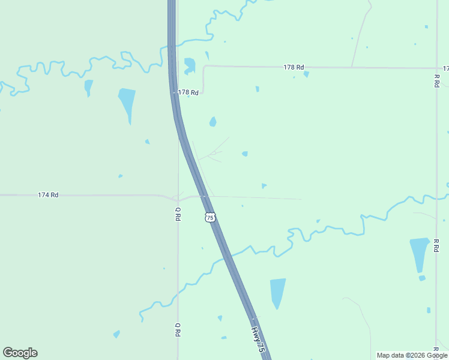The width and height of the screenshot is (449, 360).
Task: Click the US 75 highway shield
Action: tap(209, 217)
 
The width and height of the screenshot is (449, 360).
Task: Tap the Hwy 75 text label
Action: tap(258, 339)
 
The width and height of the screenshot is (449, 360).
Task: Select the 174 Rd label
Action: tap(48, 195)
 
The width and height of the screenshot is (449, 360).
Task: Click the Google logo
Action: tap(20, 353)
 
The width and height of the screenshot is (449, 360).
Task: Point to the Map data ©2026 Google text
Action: tap(412, 355)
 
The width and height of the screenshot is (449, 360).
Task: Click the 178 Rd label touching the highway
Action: tap(188, 92)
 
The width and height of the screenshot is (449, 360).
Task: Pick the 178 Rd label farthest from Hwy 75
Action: tap(294, 67)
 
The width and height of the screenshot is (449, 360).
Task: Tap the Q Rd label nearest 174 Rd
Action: tap(178, 214)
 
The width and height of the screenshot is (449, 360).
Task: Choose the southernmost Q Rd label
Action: tap(178, 329)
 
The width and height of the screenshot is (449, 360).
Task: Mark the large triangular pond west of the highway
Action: tap(127, 102)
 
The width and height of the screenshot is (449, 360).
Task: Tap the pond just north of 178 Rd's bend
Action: tap(190, 65)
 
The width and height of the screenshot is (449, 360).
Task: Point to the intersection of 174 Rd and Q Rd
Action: tap(178, 196)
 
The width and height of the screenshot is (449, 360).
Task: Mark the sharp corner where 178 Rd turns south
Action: tap(204, 67)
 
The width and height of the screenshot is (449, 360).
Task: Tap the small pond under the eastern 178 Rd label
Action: tap(306, 74)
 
